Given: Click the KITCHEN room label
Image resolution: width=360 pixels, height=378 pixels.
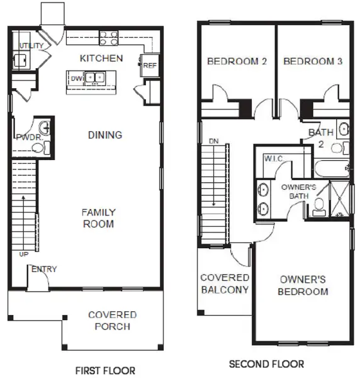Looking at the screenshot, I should click(101, 59).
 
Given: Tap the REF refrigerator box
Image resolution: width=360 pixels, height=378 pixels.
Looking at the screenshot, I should click(150, 66).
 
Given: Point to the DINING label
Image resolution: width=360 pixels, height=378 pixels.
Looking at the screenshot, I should click(104, 135).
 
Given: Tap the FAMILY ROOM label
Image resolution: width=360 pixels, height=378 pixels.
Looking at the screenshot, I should click(98, 218).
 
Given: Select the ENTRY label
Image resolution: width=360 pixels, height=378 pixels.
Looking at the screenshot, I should click(44, 270).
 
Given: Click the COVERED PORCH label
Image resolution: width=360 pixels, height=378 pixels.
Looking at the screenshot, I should click(112, 320).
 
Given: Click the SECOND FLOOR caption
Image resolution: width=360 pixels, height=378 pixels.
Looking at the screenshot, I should click(266, 364).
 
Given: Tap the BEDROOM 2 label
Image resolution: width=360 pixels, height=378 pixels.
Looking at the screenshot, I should click(237, 62).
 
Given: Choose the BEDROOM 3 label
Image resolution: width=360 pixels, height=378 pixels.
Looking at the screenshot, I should click(312, 62).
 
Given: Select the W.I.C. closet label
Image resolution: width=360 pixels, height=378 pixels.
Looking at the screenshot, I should click(273, 158).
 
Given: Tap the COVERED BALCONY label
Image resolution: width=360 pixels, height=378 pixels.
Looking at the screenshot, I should click(225, 283).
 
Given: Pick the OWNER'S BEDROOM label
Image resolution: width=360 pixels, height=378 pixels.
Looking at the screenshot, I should click(304, 285).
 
